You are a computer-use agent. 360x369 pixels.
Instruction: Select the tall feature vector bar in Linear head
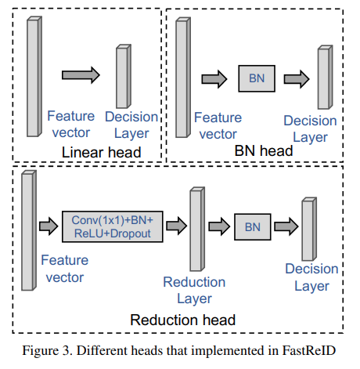[x=33, y=74]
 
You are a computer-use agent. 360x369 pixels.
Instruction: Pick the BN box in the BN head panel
[x=257, y=78]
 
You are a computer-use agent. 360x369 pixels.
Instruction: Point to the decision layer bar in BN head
[x=323, y=78]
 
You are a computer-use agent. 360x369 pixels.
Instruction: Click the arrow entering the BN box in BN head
[x=214, y=78]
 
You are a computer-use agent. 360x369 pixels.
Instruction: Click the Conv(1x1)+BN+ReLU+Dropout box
[x=111, y=226]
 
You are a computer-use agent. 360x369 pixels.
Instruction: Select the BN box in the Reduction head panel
[x=252, y=226]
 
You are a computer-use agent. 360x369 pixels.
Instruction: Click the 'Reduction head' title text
[x=182, y=320]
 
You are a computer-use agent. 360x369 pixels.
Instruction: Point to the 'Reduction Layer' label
[x=194, y=289]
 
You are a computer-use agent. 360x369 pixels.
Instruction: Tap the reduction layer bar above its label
[x=196, y=227]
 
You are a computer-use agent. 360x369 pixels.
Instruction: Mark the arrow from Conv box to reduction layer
[x=176, y=226]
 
